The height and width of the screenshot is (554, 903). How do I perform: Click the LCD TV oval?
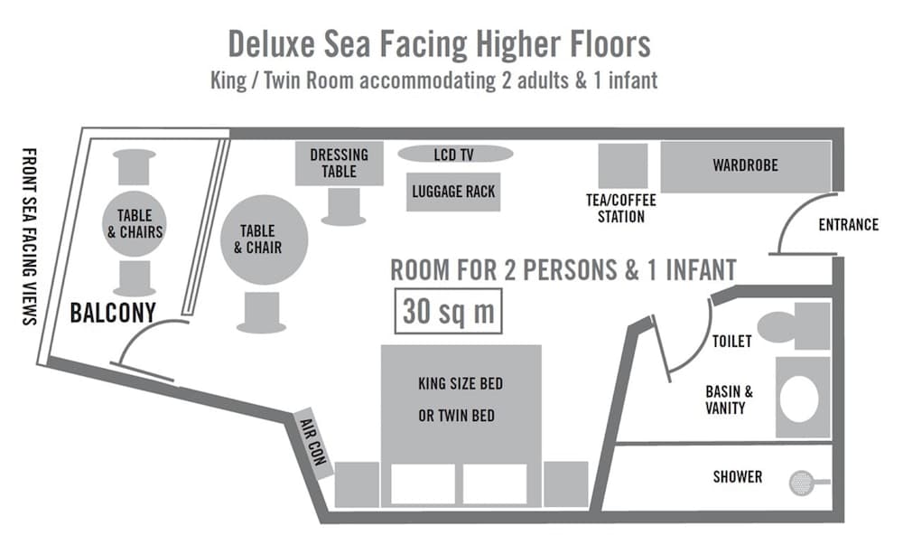pyautogui.click(x=453, y=155)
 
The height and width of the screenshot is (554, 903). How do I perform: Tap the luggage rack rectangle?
pyautogui.click(x=453, y=192)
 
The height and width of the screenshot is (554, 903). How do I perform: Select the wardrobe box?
pyautogui.click(x=745, y=166)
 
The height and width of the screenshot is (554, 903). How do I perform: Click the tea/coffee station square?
pyautogui.click(x=623, y=166)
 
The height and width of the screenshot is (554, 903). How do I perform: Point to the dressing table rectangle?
pyautogui.click(x=339, y=164)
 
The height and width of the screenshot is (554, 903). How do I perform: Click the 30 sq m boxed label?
pyautogui.click(x=449, y=312)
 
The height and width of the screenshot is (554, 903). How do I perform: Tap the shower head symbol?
pyautogui.click(x=800, y=483)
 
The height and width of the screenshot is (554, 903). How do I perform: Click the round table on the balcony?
pyautogui.click(x=135, y=223)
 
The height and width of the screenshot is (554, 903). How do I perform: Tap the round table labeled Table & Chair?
pyautogui.click(x=265, y=239)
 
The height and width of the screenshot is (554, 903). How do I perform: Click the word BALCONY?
pyautogui.click(x=113, y=314)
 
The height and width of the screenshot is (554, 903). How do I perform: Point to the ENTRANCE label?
pyautogui.click(x=848, y=225)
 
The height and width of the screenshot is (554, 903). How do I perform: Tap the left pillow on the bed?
pyautogui.click(x=423, y=484)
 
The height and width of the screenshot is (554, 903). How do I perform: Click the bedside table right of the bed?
pyautogui.click(x=566, y=484)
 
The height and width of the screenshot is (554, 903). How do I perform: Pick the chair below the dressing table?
pyautogui.click(x=344, y=207)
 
